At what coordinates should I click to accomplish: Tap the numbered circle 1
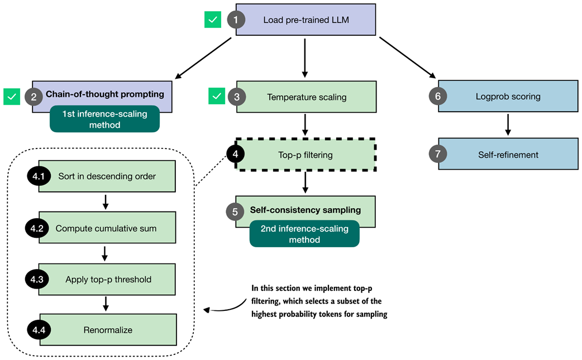tap(236, 20)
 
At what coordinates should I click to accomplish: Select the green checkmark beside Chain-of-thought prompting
tap(11, 97)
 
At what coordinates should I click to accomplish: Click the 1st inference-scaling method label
tap(104, 119)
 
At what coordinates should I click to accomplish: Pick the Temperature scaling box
tap(307, 97)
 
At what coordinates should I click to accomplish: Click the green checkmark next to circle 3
tap(216, 97)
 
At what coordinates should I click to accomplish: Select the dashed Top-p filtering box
tap(305, 155)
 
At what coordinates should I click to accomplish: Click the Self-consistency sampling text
tap(306, 210)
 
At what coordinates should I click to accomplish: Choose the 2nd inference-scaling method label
tap(304, 233)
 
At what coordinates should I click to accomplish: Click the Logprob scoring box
tap(508, 97)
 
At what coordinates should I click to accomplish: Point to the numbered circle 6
tap(438, 97)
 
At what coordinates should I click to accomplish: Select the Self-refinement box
tap(508, 155)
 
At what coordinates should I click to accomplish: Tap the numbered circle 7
tap(438, 155)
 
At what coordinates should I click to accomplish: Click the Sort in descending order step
tap(107, 176)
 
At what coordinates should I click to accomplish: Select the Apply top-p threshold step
tap(108, 279)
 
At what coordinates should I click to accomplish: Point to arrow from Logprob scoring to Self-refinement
tap(508, 124)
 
